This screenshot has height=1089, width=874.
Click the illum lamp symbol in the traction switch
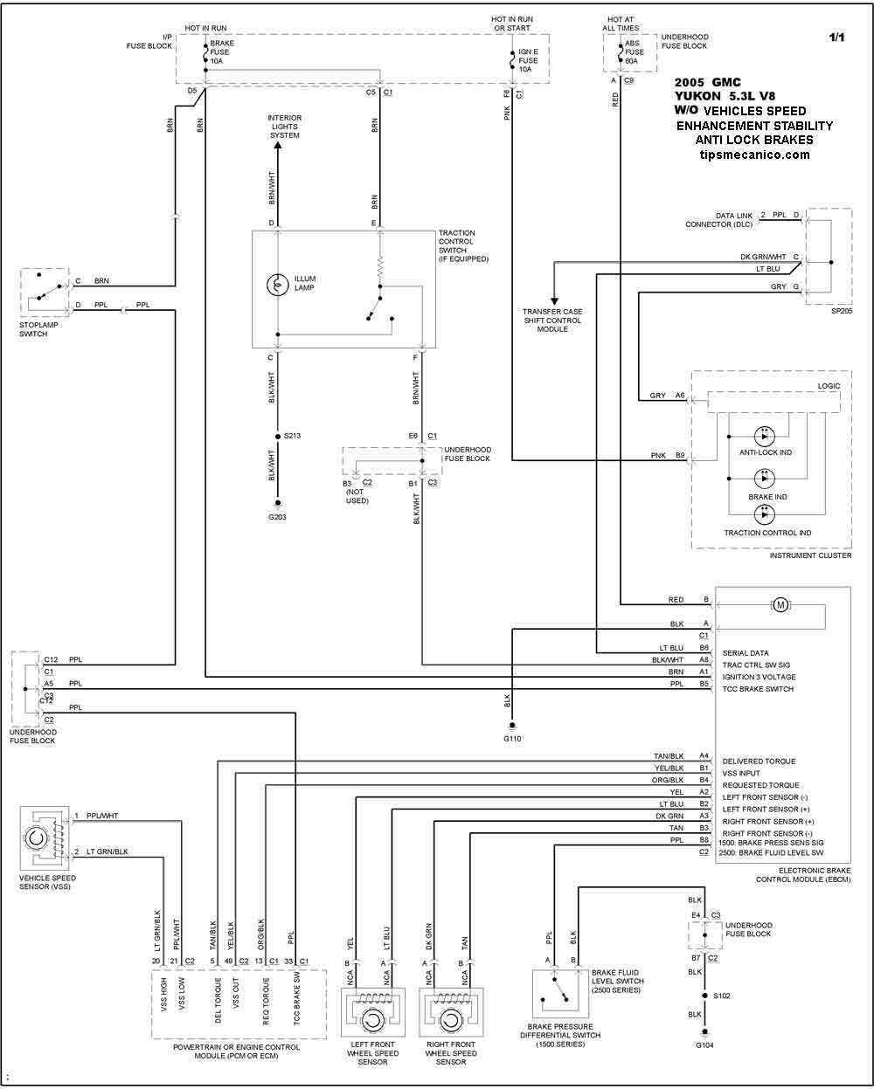277,285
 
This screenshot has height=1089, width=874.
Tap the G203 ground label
277,517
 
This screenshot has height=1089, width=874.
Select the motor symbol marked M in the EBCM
780,604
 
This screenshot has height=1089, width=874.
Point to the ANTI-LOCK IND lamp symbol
764,436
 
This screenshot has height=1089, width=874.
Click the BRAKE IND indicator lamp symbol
764,479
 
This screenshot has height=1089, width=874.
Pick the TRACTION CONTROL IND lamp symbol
764,514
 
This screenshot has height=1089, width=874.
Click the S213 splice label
292,435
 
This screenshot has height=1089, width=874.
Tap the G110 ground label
512,738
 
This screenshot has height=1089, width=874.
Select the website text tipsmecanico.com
754,155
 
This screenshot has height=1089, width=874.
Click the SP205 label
842,311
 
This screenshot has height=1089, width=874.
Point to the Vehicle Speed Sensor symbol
45,837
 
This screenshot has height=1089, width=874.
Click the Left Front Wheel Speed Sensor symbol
372,1012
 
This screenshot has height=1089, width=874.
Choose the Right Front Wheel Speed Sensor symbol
451,1012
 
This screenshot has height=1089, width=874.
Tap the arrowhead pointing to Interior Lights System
277,146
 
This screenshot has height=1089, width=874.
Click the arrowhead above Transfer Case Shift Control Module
554,301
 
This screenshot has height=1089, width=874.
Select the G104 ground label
704,1045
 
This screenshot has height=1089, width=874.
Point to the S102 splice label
722,996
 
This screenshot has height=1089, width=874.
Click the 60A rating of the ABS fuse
631,61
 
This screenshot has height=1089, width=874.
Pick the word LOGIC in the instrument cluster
829,386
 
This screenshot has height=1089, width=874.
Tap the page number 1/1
836,37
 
